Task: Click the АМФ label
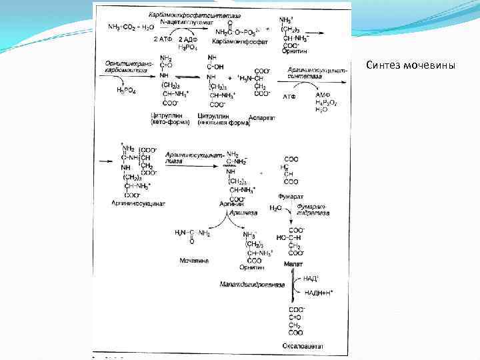coord(323,96)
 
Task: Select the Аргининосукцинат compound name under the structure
coord(135,203)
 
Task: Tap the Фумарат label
coord(291,197)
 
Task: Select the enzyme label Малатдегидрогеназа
coord(252,285)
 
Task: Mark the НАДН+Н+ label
coord(318,292)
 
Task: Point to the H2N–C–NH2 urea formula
coord(193,233)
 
